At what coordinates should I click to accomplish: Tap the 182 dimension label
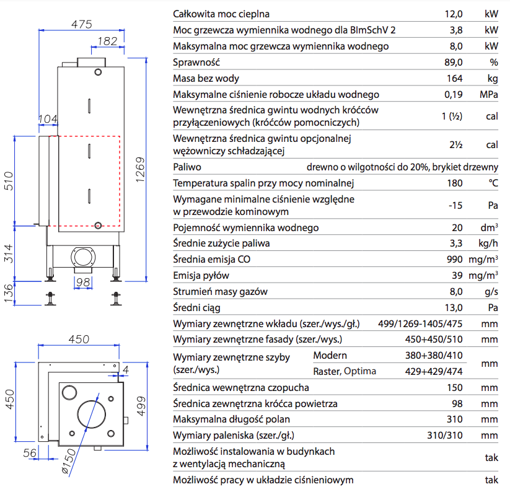tap(108, 41)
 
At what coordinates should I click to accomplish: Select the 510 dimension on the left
tap(9, 179)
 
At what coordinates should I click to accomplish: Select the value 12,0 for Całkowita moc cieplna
tap(454, 14)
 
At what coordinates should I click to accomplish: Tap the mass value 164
tap(455, 79)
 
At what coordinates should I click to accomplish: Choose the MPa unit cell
tap(489, 95)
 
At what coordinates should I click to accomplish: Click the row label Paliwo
tap(187, 167)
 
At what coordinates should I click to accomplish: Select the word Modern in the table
tap(330, 356)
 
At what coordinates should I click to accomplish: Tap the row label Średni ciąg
tap(197, 307)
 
